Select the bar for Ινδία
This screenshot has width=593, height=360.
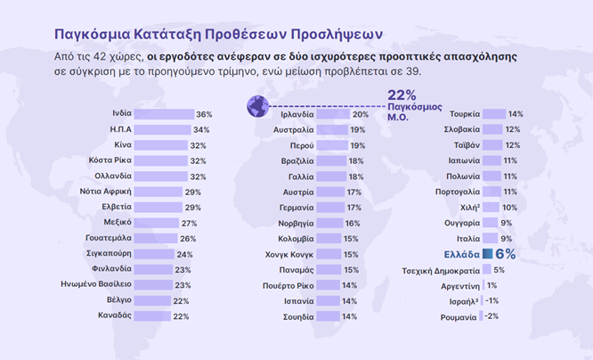click(165, 115)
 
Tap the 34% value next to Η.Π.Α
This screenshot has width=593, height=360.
click(200, 130)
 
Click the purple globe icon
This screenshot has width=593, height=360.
click(257, 107)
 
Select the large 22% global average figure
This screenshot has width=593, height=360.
click(402, 95)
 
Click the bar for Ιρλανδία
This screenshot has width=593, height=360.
click(334, 115)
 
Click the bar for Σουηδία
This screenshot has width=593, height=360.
click(329, 315)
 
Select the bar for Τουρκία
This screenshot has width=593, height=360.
click(493, 115)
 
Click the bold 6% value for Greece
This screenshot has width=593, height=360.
click(505, 254)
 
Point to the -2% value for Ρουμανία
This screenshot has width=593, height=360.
click(491, 315)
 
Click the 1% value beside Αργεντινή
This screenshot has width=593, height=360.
click(491, 285)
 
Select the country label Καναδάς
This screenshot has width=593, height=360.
click(114, 315)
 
